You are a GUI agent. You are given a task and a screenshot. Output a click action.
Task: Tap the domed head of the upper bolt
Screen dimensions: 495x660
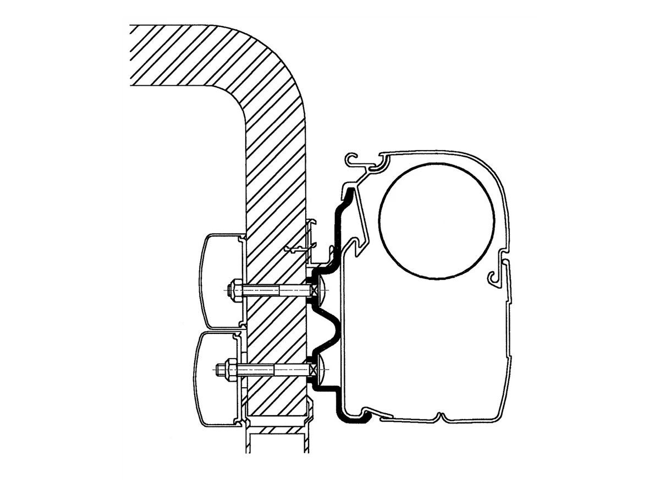pyautogui.click(x=320, y=289)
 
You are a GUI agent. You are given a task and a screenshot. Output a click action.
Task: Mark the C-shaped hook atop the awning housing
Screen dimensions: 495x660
pyautogui.click(x=355, y=162)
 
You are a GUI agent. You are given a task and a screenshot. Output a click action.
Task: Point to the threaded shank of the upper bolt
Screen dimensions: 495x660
pyautogui.click(x=275, y=290)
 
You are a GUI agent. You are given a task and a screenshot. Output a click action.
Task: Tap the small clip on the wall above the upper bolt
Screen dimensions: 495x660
pyautogui.click(x=300, y=248)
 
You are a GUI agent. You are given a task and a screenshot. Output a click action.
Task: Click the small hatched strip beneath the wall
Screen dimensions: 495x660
pyautogui.click(x=275, y=430)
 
